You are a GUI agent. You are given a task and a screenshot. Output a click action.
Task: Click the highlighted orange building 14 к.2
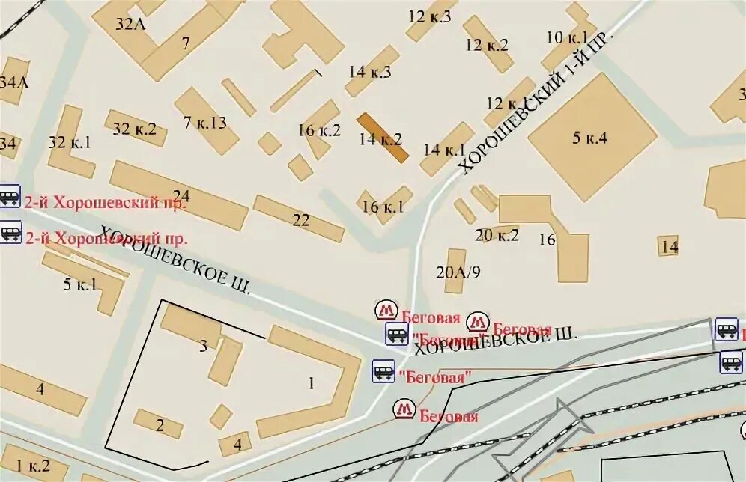pyautogui.click(x=382, y=138)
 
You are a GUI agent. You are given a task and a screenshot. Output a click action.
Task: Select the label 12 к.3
pyautogui.click(x=430, y=16)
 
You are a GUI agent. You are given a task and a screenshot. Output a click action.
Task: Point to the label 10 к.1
pyautogui.click(x=567, y=38)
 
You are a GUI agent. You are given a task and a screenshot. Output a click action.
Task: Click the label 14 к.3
pyautogui.click(x=370, y=72)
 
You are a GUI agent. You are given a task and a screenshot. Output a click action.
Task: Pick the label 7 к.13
pyautogui.click(x=204, y=123)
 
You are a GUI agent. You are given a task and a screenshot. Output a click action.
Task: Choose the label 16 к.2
pyautogui.click(x=318, y=130)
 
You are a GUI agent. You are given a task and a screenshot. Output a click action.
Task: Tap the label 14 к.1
pyautogui.click(x=444, y=149)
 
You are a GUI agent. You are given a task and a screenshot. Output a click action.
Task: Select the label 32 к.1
pyautogui.click(x=69, y=142)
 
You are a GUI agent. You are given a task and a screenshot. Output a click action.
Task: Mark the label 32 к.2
pyautogui.click(x=134, y=129)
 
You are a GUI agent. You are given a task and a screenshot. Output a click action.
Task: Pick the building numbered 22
pyautogui.click(x=300, y=220)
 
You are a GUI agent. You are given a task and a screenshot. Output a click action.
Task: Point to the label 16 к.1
pyautogui.click(x=383, y=207)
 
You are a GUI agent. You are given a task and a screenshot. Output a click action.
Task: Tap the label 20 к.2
pyautogui.click(x=497, y=235)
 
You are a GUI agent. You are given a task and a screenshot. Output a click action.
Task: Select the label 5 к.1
pyautogui.click(x=79, y=284)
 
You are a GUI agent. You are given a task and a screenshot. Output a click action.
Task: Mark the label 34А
pyautogui.click(x=13, y=82)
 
